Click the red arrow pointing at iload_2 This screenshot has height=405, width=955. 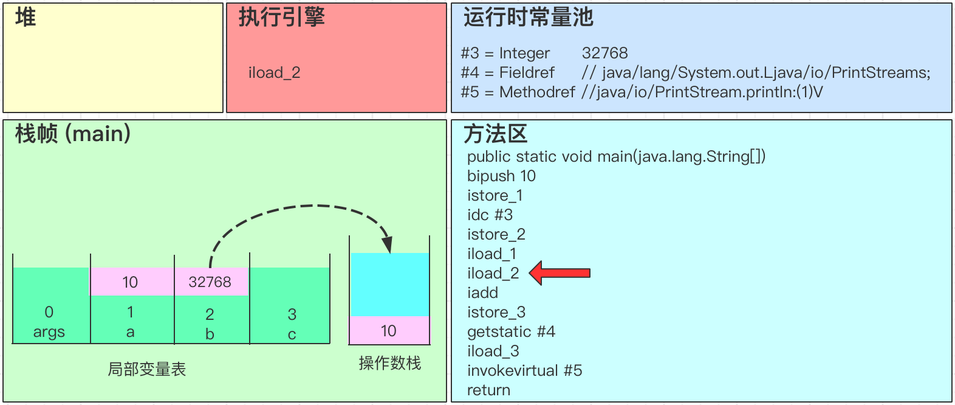560,273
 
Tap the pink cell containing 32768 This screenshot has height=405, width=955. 210,282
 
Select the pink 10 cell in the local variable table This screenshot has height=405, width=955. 131,282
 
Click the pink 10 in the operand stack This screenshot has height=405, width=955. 389,330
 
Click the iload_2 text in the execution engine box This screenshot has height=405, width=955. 275,73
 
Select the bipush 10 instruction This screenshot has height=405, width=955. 501,176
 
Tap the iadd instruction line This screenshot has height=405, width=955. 482,292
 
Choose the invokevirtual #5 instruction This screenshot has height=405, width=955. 524,370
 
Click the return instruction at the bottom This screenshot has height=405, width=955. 488,390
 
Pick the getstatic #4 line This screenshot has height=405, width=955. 511,331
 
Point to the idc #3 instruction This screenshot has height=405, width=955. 490,215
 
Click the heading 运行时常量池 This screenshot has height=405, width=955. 528,17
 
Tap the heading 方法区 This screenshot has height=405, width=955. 495,133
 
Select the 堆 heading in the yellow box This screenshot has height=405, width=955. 26,17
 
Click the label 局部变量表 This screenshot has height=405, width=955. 146,369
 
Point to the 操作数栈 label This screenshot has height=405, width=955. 389,363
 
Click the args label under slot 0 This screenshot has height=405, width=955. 49,332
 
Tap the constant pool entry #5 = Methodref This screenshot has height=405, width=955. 518,92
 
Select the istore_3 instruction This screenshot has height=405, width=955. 496,312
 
